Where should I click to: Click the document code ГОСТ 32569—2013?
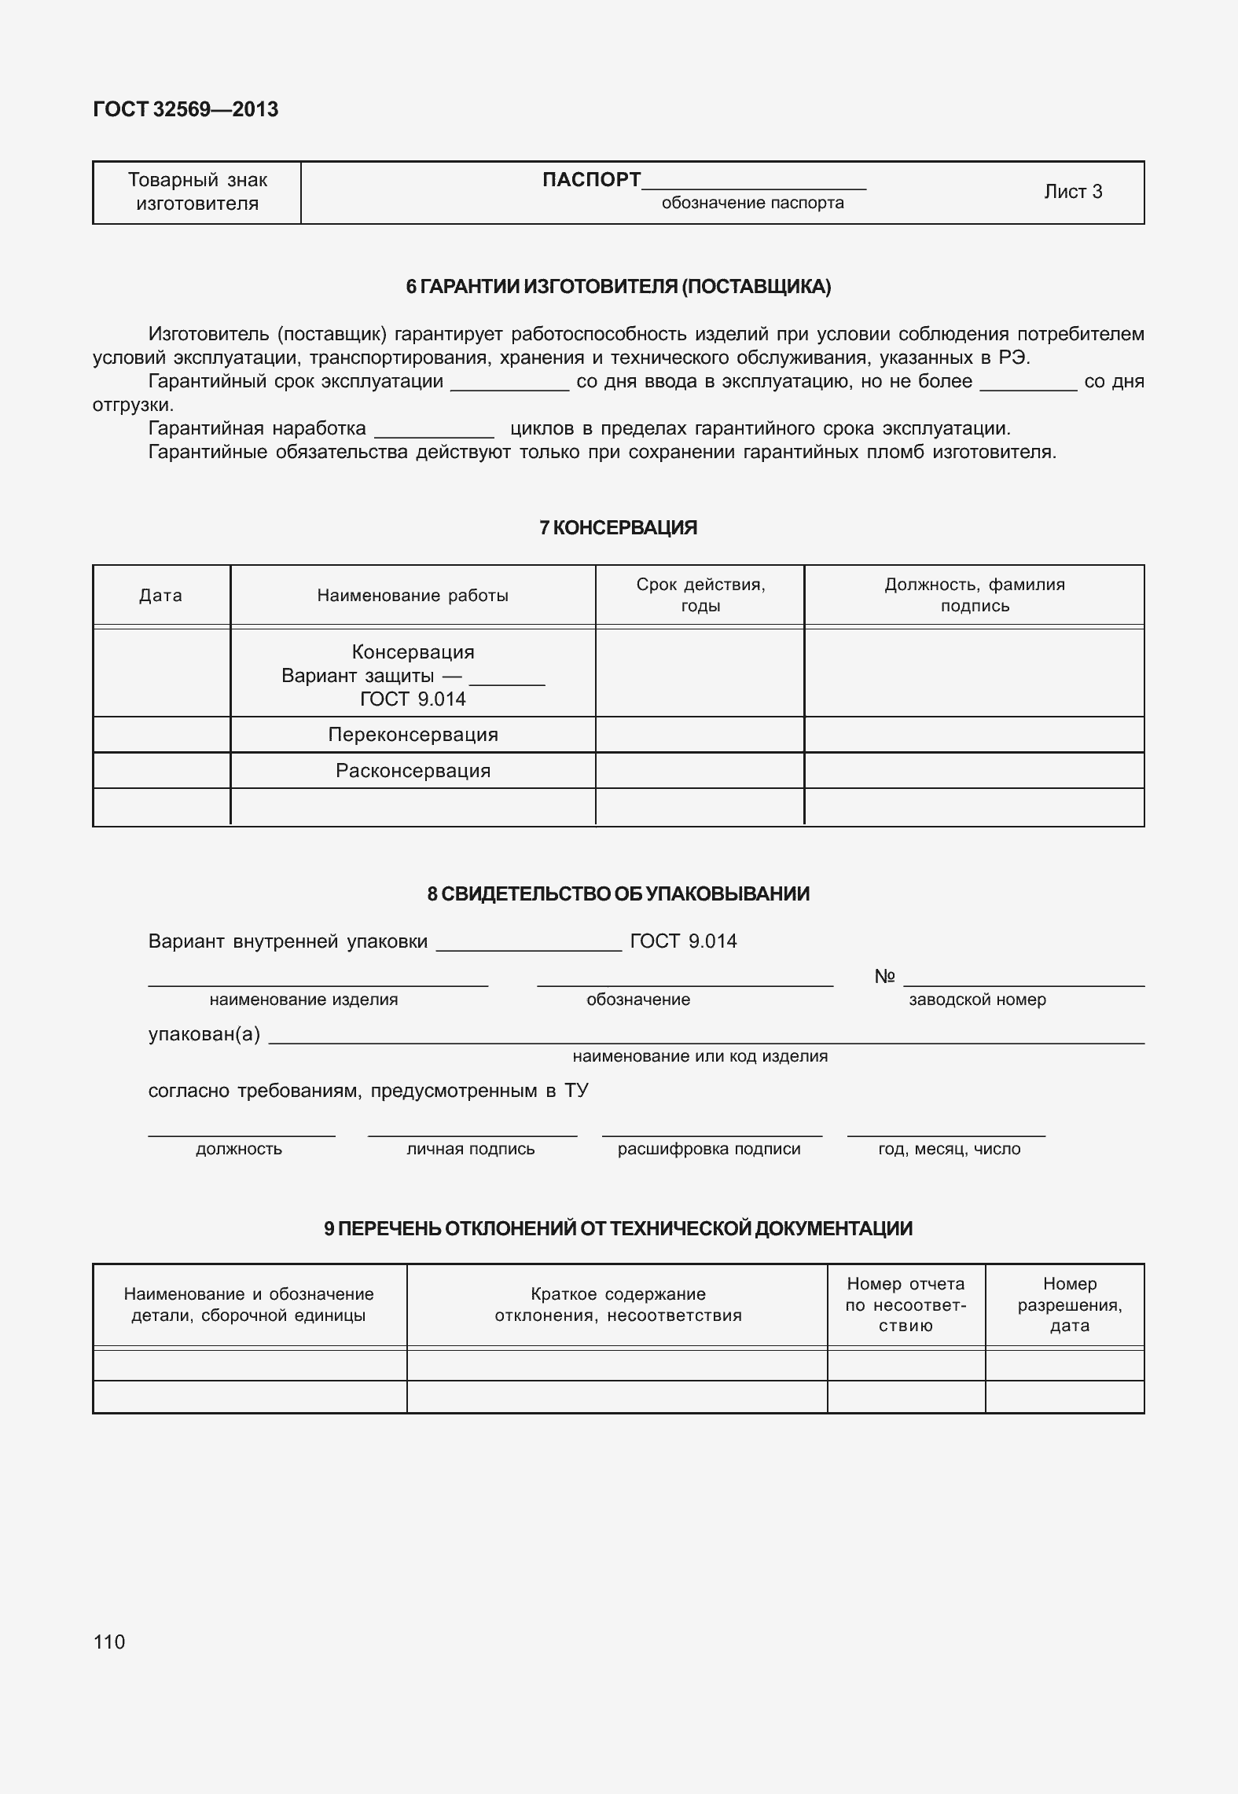point(186,109)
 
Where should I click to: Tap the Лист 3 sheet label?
point(1073,192)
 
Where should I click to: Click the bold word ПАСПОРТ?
point(591,180)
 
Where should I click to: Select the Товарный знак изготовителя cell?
point(197,192)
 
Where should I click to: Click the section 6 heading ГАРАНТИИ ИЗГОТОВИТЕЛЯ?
point(618,287)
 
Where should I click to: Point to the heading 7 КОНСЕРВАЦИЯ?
point(618,528)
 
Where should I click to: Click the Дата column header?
point(161,596)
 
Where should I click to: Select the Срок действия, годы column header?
point(700,595)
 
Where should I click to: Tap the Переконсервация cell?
point(413,735)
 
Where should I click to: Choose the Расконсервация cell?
point(413,771)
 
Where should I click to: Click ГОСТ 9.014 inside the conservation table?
point(413,699)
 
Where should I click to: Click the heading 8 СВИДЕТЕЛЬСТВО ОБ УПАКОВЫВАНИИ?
point(618,894)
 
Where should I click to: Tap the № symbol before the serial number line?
point(884,977)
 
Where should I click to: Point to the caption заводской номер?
point(977,1000)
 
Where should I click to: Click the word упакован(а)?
point(204,1034)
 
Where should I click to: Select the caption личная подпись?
point(470,1149)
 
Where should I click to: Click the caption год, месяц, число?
point(949,1149)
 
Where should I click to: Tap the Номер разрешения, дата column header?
point(1069,1304)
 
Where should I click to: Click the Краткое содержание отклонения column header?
point(618,1304)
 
